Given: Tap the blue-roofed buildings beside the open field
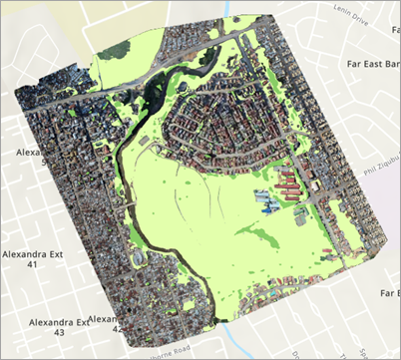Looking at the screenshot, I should (268, 206).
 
